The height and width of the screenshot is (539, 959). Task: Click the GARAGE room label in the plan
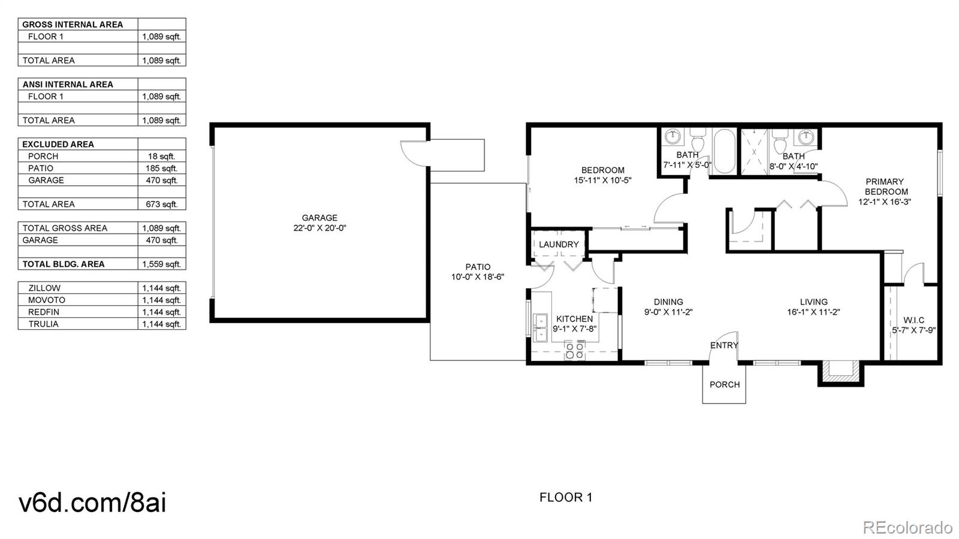click(319, 218)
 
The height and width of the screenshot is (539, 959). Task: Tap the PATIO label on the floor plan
click(478, 267)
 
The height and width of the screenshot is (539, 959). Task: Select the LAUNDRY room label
click(559, 244)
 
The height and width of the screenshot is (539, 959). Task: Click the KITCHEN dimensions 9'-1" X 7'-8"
click(574, 328)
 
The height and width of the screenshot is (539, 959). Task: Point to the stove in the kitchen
click(575, 350)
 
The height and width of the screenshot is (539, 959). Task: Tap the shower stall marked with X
click(754, 152)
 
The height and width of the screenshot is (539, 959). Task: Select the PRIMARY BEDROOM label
click(885, 186)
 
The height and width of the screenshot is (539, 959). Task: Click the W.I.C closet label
click(913, 320)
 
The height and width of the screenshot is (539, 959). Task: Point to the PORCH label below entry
click(724, 384)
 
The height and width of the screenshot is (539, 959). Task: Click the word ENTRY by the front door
click(724, 345)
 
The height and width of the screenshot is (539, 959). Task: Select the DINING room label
click(668, 302)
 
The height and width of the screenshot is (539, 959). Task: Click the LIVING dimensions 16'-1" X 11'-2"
click(813, 312)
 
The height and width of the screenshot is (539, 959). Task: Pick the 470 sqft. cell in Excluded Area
click(161, 180)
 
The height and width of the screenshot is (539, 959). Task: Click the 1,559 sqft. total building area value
click(161, 264)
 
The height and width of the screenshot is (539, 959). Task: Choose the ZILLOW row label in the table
click(44, 288)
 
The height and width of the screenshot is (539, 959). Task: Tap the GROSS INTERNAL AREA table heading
click(73, 24)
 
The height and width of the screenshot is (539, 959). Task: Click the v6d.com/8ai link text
click(92, 502)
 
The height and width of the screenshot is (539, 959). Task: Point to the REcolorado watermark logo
click(907, 527)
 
